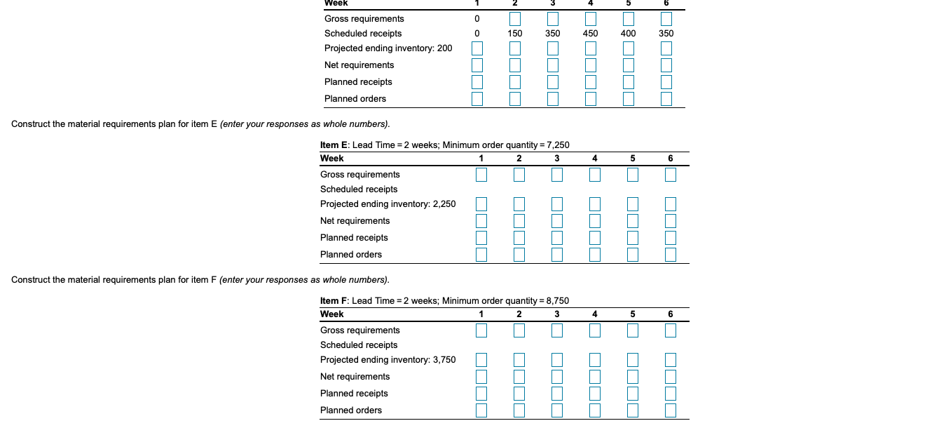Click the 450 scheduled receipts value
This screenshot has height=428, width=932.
[x=590, y=34]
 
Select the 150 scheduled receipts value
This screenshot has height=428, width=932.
[x=515, y=34]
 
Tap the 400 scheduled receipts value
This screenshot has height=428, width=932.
[x=628, y=34]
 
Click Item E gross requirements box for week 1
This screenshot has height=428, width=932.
[x=481, y=175]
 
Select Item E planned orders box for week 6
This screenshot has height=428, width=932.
[x=671, y=255]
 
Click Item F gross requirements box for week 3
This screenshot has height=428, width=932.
[x=557, y=330]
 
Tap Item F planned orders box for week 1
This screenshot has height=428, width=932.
[x=481, y=410]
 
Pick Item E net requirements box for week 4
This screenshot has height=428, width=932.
[x=595, y=221]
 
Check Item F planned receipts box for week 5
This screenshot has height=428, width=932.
[x=633, y=394]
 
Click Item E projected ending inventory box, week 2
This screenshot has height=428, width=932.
[x=519, y=204]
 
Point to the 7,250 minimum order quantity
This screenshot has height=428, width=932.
[x=554, y=145]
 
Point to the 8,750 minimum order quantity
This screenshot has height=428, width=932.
[x=553, y=301]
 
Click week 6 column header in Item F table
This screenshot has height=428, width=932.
[x=671, y=314]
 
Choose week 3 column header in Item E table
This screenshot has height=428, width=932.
[x=557, y=159]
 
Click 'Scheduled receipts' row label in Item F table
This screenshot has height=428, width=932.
[x=359, y=345]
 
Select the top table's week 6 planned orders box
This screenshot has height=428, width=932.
[x=666, y=99]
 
